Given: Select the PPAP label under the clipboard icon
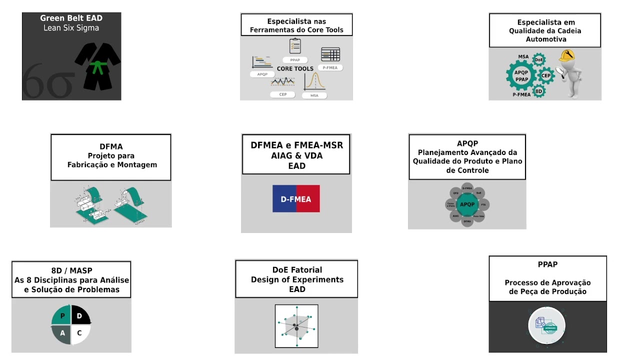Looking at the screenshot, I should pyautogui.click(x=295, y=60).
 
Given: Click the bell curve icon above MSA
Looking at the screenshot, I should pyautogui.click(x=314, y=81).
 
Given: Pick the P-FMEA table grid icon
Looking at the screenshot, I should pyautogui.click(x=330, y=54).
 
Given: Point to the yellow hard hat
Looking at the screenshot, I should pyautogui.click(x=567, y=55).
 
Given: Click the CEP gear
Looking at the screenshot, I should pyautogui.click(x=546, y=76).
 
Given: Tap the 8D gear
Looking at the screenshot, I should pyautogui.click(x=539, y=91).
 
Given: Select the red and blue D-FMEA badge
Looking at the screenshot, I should pyautogui.click(x=296, y=199).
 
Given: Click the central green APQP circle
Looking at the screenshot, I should pyautogui.click(x=467, y=204).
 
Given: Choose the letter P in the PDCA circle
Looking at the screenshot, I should pyautogui.click(x=62, y=316).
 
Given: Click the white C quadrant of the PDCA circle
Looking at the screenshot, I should pyautogui.click(x=79, y=333).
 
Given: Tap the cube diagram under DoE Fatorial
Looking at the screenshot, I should pyautogui.click(x=296, y=326).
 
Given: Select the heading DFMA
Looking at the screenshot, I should pyautogui.click(x=111, y=146).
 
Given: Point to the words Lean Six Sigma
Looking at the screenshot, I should pyautogui.click(x=71, y=28).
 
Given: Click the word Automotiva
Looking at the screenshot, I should pyautogui.click(x=545, y=39).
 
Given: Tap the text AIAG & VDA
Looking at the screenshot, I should pyautogui.click(x=296, y=155).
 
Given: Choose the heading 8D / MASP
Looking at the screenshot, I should pyautogui.click(x=71, y=271).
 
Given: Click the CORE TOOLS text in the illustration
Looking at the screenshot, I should pyautogui.click(x=295, y=68).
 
